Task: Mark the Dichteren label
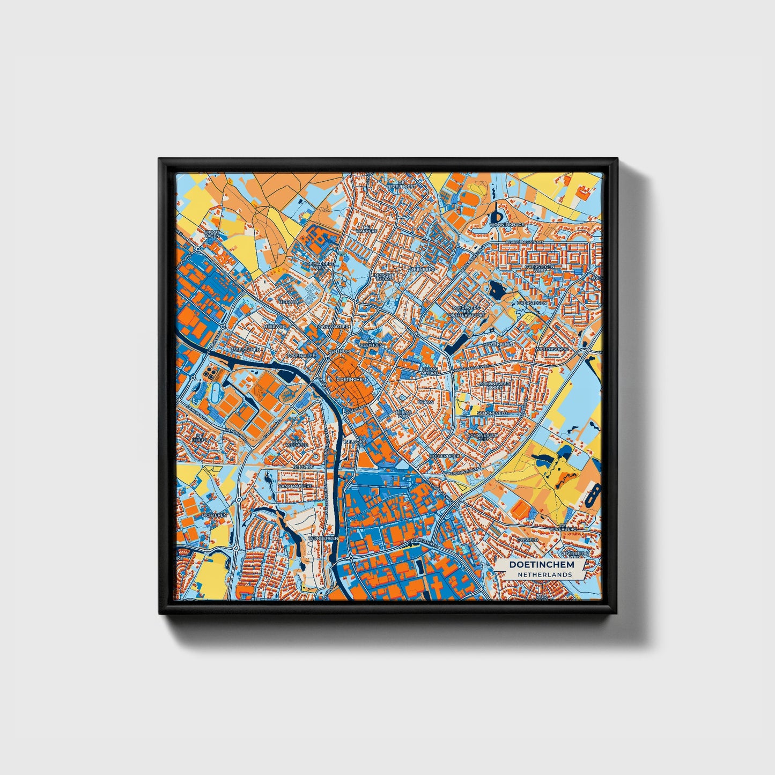coord(214,515)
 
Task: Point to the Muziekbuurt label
coord(499,344)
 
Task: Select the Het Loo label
coord(287,302)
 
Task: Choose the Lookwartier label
coord(333,326)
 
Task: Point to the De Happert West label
coord(320,265)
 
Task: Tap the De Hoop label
coord(303,467)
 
